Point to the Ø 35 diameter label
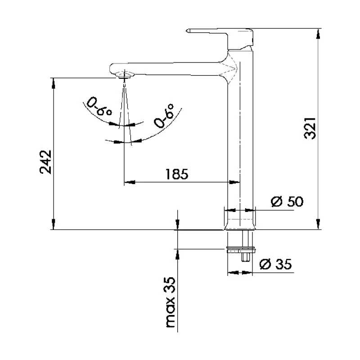pyautogui.click(x=276, y=265)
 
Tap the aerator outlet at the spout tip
pyautogui.click(x=123, y=76)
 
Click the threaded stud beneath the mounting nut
pyautogui.click(x=245, y=257)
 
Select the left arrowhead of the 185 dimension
pyautogui.click(x=129, y=182)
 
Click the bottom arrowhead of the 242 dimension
pyautogui.click(x=54, y=225)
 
